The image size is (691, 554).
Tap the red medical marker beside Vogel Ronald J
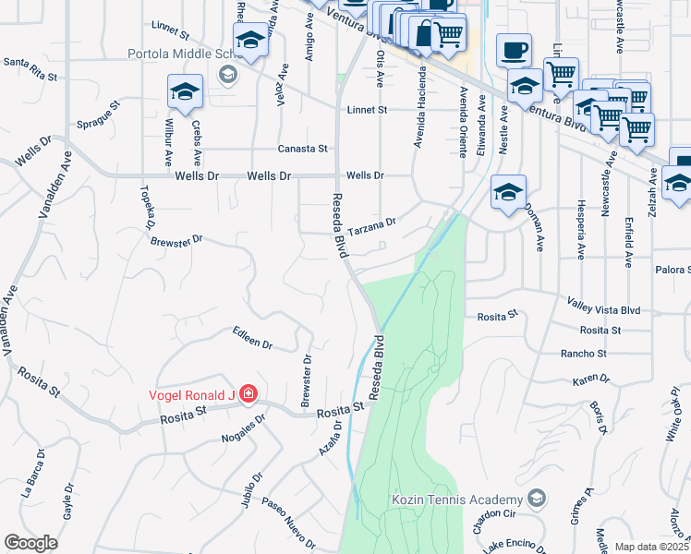point(247,396)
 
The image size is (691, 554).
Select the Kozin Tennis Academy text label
point(457,500)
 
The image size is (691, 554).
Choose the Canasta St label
point(304,148)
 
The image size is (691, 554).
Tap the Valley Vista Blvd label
point(603,311)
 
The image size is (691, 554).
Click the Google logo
point(30,543)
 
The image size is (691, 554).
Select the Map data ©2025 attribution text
point(652,547)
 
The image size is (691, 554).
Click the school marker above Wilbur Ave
point(185,92)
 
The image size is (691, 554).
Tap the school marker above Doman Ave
point(507,193)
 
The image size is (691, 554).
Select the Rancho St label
point(583,354)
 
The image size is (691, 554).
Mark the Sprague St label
point(99,114)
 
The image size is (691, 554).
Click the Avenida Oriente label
point(462,121)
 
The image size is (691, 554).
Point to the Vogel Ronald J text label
point(191,396)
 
